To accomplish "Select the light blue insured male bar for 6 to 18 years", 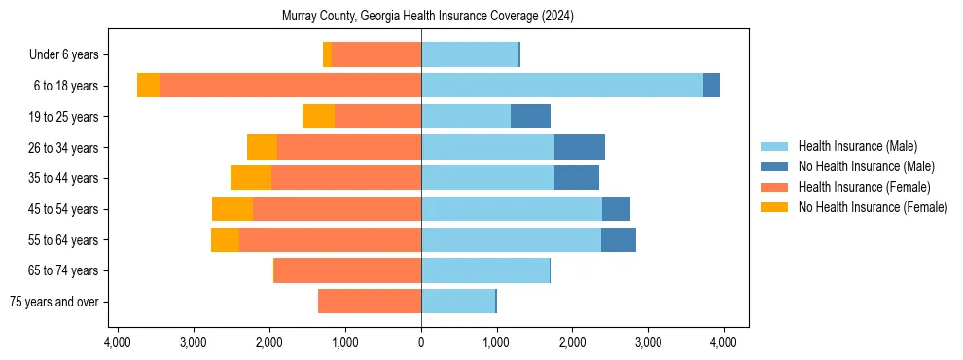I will click(x=562, y=86).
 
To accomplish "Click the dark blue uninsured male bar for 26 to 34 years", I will click(x=580, y=147).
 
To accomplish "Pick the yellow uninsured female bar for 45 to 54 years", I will click(x=232, y=209).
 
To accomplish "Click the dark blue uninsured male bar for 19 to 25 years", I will click(x=530, y=117).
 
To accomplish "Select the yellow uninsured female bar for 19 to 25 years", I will click(x=318, y=117).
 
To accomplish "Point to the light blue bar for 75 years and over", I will click(x=458, y=302).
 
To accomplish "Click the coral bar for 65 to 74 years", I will click(x=347, y=270).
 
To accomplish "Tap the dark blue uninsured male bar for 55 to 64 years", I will click(x=619, y=239).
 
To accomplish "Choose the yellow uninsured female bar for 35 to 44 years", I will click(x=251, y=178).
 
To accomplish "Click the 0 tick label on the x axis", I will click(x=421, y=342).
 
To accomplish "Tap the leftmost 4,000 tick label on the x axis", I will click(x=117, y=342).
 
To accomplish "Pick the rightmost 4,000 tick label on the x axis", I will click(x=724, y=342).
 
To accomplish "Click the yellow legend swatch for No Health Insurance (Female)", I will click(x=775, y=207).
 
